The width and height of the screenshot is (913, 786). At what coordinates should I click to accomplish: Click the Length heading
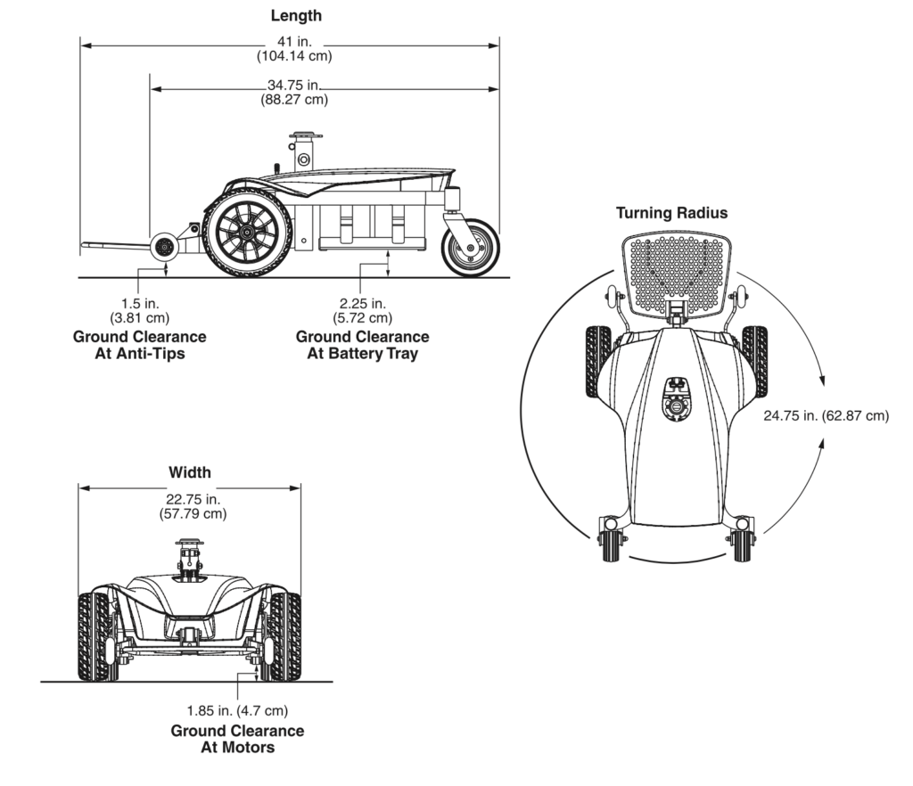click(x=296, y=15)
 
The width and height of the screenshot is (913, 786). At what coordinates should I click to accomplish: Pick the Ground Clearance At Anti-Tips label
click(x=139, y=345)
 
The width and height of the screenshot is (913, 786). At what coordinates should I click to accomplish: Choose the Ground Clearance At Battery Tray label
click(x=362, y=345)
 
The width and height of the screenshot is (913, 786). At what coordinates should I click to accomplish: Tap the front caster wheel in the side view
click(x=470, y=248)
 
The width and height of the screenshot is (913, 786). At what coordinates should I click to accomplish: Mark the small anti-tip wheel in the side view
click(x=164, y=249)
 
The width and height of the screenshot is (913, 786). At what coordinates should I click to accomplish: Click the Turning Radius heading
click(x=671, y=213)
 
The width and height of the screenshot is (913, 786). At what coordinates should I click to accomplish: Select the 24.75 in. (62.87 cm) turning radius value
click(x=826, y=415)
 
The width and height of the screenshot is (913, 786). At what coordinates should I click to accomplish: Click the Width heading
click(x=190, y=472)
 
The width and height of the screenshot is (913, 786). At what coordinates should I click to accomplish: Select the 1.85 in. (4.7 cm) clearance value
click(x=237, y=710)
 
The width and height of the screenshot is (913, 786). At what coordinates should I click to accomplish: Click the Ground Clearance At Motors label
click(x=237, y=739)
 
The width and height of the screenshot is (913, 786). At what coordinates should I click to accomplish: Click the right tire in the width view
click(x=286, y=636)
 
